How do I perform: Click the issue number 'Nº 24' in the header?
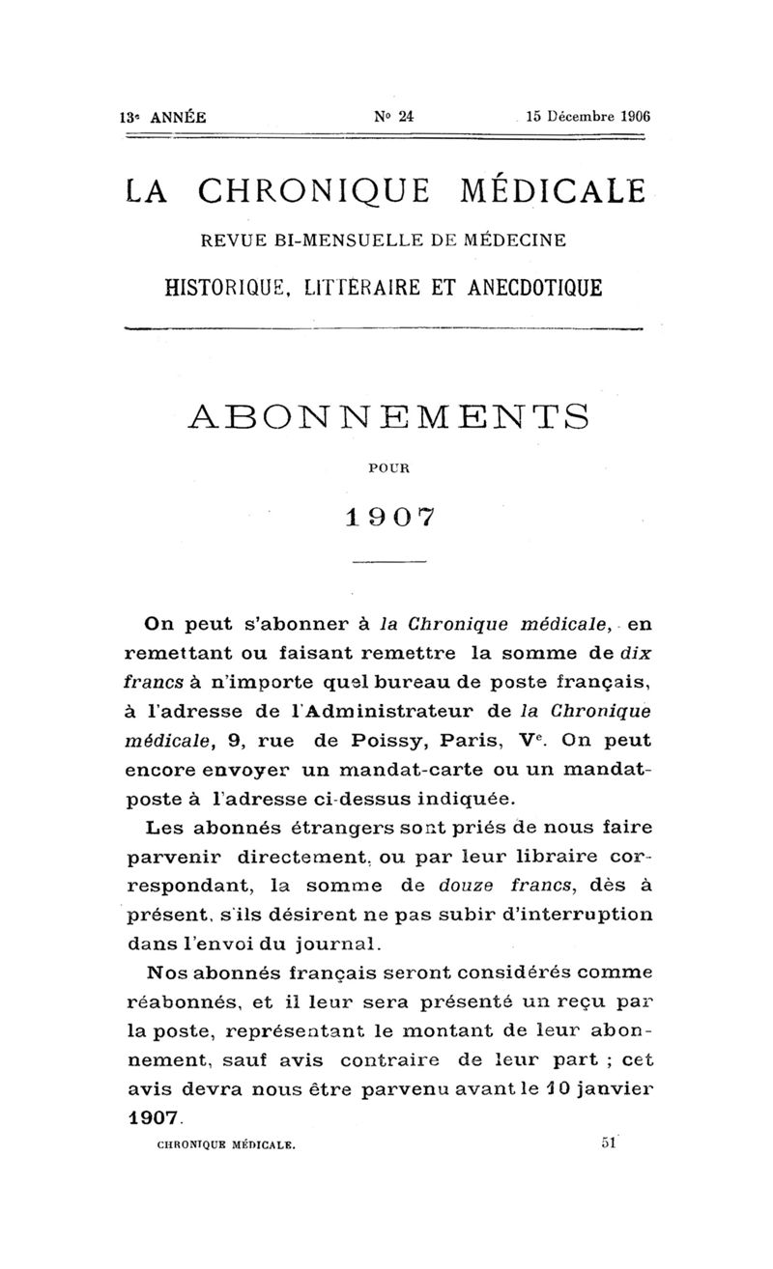(393, 115)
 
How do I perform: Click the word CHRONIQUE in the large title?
(321, 192)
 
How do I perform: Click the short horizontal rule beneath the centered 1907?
(388, 562)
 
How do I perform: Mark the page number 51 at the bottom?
(608, 1142)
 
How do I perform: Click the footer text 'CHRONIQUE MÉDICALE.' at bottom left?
(225, 1144)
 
